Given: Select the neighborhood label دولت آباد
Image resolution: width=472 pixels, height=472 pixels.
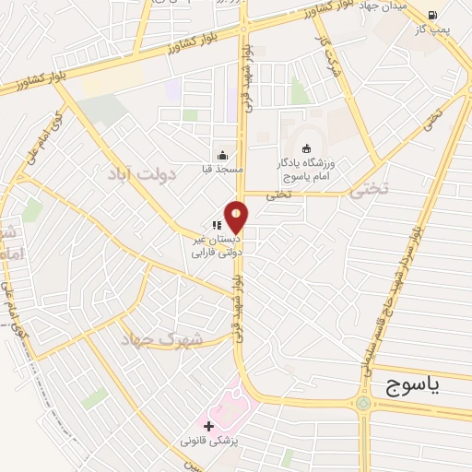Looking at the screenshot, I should (x=146, y=174).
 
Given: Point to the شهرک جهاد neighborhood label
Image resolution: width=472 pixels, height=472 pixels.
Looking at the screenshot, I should (x=162, y=338).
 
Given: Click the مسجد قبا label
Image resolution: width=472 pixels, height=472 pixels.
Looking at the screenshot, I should (x=221, y=170).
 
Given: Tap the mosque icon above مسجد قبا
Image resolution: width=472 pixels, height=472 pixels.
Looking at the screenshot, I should (x=221, y=155).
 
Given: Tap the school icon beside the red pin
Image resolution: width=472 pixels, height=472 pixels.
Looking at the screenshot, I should (x=216, y=224).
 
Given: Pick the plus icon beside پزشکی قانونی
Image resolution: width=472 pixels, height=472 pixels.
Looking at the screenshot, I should (x=209, y=426).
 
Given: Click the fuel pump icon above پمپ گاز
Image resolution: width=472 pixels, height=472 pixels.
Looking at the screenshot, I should (x=431, y=14).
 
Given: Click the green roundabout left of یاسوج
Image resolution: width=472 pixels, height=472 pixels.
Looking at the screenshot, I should (x=364, y=403).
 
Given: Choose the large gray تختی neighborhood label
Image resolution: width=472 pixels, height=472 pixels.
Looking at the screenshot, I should (x=370, y=190).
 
